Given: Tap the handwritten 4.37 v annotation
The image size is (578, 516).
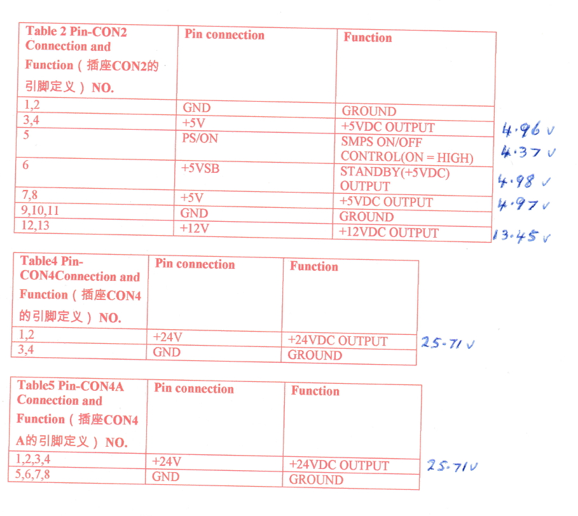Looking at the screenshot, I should click(527, 153).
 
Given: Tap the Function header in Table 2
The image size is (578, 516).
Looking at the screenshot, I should click(368, 37).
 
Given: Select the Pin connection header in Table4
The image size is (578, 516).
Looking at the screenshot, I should click(195, 264).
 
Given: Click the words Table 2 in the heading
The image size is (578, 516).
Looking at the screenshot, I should click(46, 31).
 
